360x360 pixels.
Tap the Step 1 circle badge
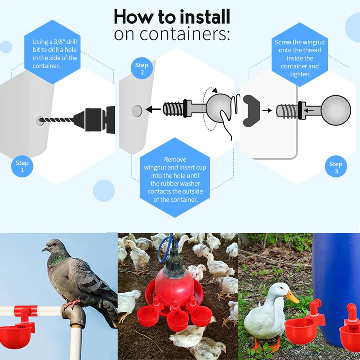pos(22,167)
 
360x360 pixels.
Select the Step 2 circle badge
pos(142,69)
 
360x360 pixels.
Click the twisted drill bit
pos(58,120)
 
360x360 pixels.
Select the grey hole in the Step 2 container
pos(136,110)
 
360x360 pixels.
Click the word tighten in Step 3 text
pos(300,74)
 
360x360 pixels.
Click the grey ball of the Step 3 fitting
pos(336,109)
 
